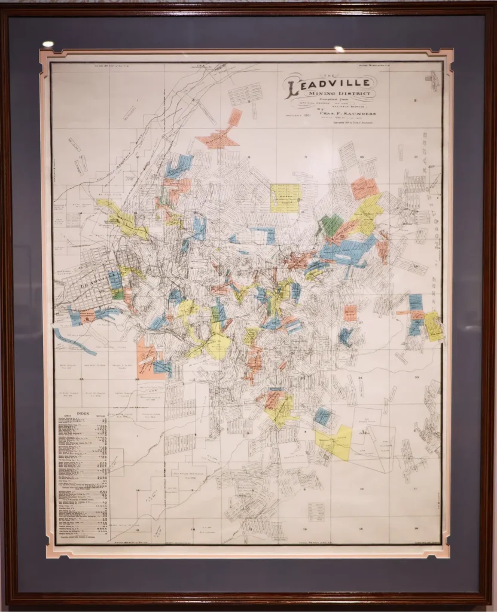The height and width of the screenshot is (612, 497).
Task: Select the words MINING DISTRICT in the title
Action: point(339,94)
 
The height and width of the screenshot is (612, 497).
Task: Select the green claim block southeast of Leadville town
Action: point(118,294)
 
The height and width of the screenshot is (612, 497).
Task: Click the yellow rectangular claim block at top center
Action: point(285,198)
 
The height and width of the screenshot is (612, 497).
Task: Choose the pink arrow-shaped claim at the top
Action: point(219,137)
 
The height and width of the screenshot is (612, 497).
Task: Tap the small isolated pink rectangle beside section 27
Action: point(350,313)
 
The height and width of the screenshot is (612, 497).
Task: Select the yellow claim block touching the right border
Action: point(433,326)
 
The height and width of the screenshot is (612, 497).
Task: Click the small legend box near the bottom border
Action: point(325,513)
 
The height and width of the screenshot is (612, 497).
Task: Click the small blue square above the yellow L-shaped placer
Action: point(323,416)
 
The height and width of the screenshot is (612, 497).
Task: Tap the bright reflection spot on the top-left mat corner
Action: point(47,44)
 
